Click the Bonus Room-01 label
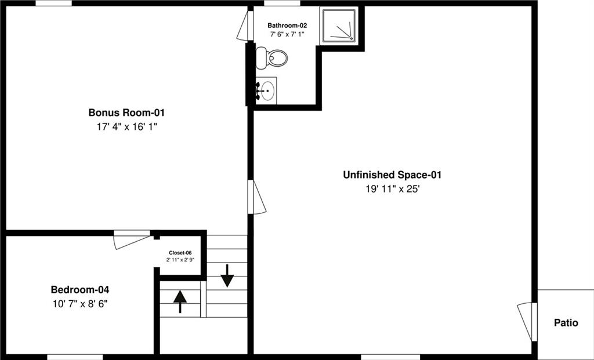coord(126,112)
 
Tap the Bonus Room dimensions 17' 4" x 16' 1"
coord(126,127)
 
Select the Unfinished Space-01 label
coord(393,175)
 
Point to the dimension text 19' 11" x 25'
coord(393,189)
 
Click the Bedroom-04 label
coord(80,290)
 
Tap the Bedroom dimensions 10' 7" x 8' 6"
coord(80,304)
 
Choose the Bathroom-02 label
coord(287,26)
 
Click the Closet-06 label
coord(180,253)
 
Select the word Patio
coord(566,323)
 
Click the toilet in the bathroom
coord(271,58)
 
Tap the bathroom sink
coord(266,90)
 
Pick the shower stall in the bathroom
coord(338,26)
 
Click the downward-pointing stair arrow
coord(227,275)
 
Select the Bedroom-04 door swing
coord(132,240)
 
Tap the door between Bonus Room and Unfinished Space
coord(256,197)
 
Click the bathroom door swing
coord(245,26)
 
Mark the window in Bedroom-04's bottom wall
coord(75,357)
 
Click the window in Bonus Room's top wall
coord(54,3)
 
